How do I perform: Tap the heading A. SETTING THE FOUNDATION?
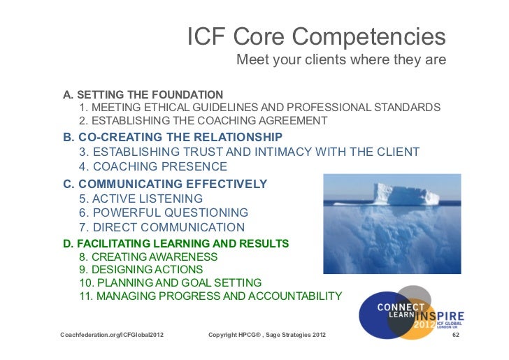143,94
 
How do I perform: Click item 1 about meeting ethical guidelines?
259,108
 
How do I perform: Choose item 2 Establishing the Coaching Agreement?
203,121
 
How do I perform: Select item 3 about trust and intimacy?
249,152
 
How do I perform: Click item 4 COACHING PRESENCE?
153,167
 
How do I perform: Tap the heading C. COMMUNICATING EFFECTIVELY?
165,184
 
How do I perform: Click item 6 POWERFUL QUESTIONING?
164,213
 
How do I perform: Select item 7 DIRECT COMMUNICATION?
162,228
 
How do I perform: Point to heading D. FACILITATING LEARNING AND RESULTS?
175,243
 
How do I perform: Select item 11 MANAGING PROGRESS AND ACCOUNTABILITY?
210,296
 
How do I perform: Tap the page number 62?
455,337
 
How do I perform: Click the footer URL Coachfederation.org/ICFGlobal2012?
113,337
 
